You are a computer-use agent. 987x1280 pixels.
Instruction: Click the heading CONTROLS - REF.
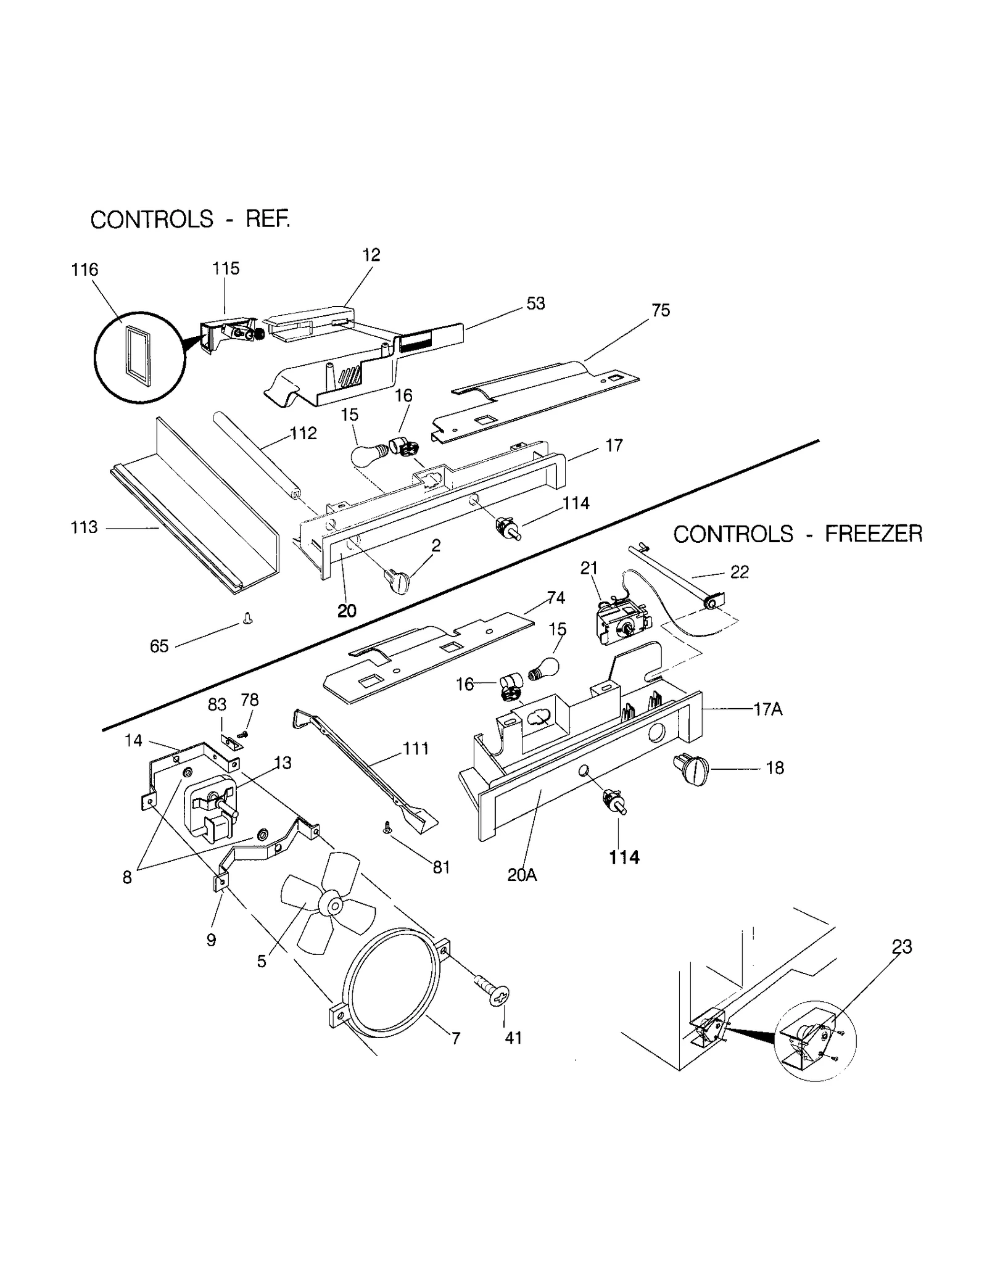click(189, 219)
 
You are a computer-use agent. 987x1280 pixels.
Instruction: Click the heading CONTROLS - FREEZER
click(797, 534)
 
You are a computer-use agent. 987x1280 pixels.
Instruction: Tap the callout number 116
click(85, 270)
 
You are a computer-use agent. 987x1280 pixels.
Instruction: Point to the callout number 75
click(660, 310)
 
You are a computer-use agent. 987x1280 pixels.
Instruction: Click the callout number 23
click(901, 946)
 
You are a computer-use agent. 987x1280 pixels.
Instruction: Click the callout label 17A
click(767, 709)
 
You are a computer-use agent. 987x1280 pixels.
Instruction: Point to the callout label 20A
click(522, 875)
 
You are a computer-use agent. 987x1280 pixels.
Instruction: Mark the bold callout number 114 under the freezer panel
click(624, 857)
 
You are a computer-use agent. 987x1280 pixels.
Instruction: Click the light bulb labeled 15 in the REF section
click(368, 456)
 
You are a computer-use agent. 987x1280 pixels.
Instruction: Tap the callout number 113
click(84, 527)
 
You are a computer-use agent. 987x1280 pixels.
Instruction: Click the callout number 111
click(416, 749)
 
